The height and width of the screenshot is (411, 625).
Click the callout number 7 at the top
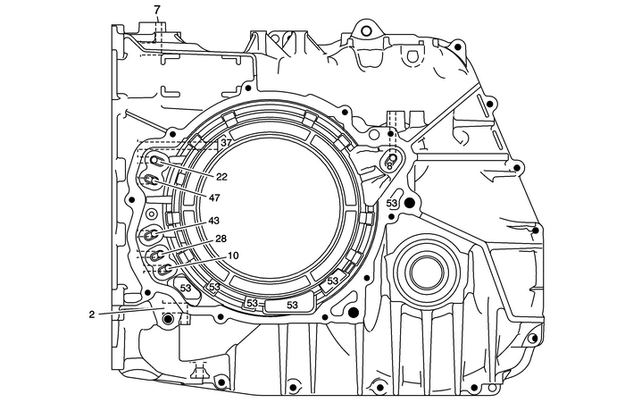coord(157,10)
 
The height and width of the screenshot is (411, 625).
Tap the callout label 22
coord(221,177)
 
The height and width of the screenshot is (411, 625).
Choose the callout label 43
coord(213,221)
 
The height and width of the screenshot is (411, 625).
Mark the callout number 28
coord(221,239)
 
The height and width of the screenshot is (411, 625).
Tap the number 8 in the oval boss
coord(390,165)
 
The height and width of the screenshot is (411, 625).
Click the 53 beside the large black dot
coord(392,204)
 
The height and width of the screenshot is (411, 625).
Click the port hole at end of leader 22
coord(157,161)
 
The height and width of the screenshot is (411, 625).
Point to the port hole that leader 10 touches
coord(164,269)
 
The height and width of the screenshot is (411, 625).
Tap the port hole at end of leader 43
coord(151,236)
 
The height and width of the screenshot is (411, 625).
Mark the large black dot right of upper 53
coord(409,205)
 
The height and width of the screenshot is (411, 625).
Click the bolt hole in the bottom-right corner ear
coord(533,338)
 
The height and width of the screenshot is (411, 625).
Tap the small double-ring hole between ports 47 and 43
coord(152,214)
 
